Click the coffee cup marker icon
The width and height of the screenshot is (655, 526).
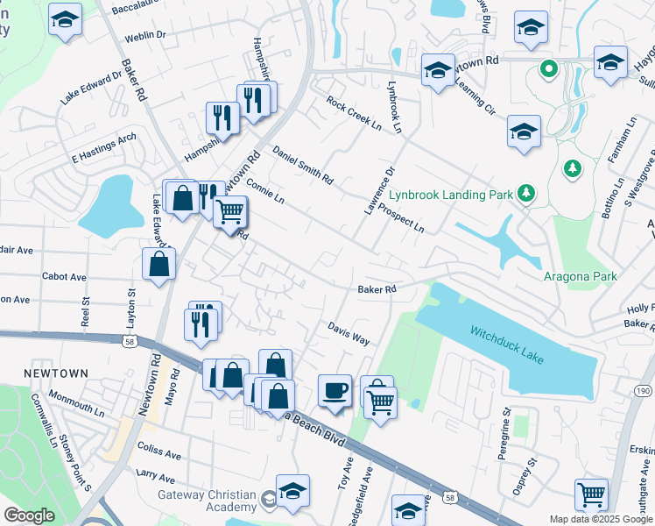point(335,390)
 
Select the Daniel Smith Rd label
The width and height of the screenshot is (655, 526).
point(302,165)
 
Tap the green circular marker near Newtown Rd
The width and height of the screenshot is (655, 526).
point(549,67)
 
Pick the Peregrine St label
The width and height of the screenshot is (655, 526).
point(506,423)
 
